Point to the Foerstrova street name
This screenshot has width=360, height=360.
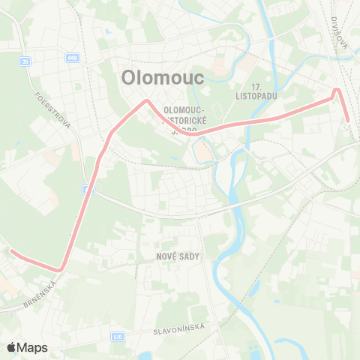click(x=53, y=110)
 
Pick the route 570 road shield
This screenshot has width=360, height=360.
click(x=117, y=337)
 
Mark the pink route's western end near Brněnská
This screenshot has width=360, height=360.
click(x=10, y=252)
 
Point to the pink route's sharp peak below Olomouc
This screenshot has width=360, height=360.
click(x=147, y=100)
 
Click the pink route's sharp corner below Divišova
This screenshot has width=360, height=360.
click(x=337, y=91)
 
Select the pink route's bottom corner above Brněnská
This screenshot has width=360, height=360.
click(x=61, y=268)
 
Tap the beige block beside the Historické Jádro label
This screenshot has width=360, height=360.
click(x=203, y=152)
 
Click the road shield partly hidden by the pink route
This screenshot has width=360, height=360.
click(x=89, y=190)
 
